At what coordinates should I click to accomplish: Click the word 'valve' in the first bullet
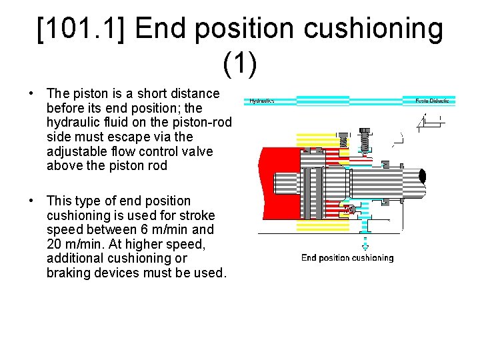click(x=195, y=151)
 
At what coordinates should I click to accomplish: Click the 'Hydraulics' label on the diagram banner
click(x=262, y=101)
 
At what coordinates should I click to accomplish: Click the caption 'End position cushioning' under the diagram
click(x=347, y=258)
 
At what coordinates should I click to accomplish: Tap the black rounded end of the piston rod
click(x=421, y=176)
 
